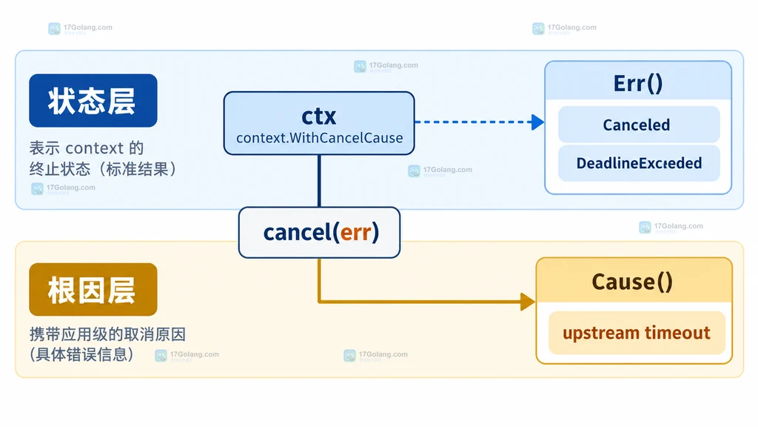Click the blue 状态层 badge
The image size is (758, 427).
93,101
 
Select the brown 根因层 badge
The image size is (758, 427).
93,290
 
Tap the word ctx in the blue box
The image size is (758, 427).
319,116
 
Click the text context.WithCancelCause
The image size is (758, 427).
320,138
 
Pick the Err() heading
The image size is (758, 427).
638,83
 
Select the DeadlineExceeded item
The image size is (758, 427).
639,163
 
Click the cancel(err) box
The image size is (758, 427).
320,232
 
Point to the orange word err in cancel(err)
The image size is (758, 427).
356,233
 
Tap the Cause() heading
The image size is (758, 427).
632,282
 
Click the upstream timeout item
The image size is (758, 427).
637,333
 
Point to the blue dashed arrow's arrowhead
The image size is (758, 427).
537,122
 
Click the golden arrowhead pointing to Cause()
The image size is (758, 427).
528,302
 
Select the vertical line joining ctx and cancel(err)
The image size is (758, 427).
319,181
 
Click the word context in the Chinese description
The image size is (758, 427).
95,148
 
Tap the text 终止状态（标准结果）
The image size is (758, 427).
104,169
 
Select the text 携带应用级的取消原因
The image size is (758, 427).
107,334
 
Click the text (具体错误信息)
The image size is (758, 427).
81,354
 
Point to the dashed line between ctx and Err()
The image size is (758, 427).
473,122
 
